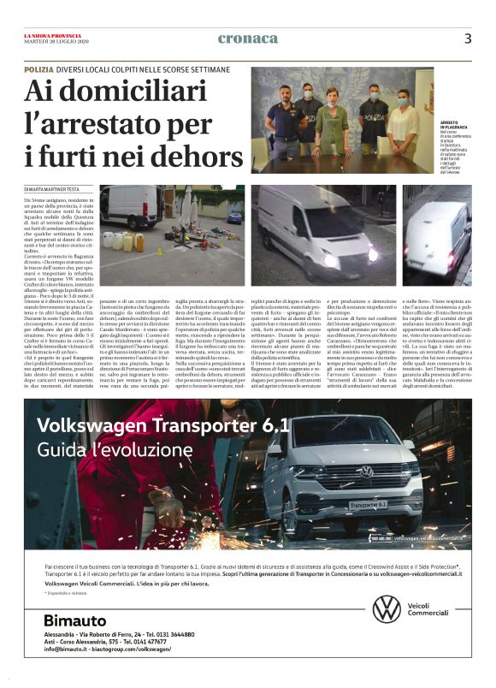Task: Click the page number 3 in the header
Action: [468, 39]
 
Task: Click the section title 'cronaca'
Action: [248, 39]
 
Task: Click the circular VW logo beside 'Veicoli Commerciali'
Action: [387, 608]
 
